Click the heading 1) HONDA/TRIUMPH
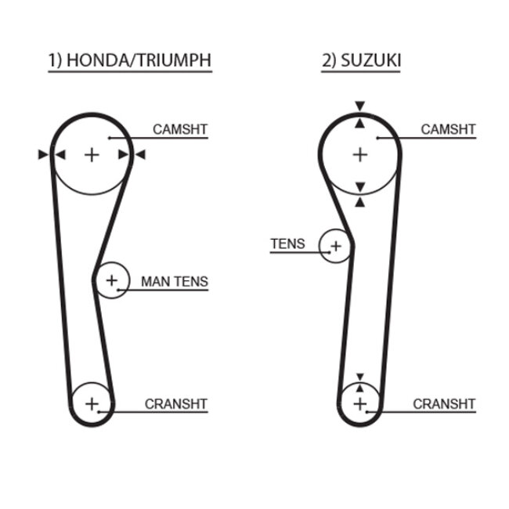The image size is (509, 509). (x=130, y=60)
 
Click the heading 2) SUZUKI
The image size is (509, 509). (x=361, y=60)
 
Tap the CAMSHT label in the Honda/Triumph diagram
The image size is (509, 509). (x=180, y=129)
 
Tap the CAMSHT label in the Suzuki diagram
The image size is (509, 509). (x=448, y=129)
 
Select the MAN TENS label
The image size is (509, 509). (x=175, y=281)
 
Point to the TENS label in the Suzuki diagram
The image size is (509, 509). (x=287, y=244)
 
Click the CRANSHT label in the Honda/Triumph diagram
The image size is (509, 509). (x=176, y=404)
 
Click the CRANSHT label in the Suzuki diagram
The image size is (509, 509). (x=444, y=404)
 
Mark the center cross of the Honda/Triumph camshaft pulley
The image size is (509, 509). (x=92, y=155)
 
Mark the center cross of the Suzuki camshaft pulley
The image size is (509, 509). (x=360, y=155)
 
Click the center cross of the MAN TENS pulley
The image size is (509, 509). (x=112, y=280)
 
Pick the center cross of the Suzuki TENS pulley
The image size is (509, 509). (x=336, y=246)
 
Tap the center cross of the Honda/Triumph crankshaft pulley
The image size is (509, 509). (x=92, y=404)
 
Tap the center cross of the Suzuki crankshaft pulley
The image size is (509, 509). (x=360, y=404)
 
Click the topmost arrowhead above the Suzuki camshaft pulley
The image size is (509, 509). (x=359, y=106)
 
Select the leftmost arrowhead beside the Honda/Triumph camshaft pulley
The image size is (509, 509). (x=43, y=154)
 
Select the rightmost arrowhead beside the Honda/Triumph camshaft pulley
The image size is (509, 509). (x=140, y=154)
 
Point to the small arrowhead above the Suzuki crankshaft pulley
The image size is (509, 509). (x=359, y=377)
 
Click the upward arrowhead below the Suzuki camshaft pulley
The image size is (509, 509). (x=359, y=203)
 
